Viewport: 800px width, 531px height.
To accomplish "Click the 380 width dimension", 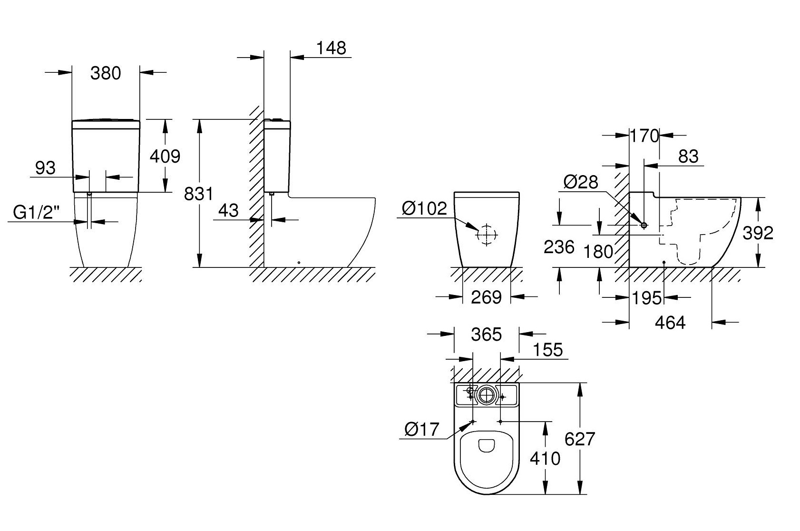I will click(x=106, y=73).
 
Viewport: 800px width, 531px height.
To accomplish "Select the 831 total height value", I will click(x=198, y=194).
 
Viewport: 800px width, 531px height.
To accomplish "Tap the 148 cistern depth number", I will click(x=332, y=48).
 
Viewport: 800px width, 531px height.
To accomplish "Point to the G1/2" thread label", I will click(x=37, y=213).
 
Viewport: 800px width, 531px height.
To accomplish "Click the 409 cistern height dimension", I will click(x=165, y=156).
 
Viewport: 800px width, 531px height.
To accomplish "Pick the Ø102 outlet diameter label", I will click(x=424, y=208).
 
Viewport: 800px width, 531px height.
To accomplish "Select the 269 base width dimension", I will click(x=486, y=297).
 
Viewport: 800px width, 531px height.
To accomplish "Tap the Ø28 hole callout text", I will click(x=580, y=182).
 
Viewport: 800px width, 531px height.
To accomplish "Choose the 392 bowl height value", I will click(x=758, y=233).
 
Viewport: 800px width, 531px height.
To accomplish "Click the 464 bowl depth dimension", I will click(x=670, y=323).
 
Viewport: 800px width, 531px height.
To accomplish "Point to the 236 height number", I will click(x=559, y=246).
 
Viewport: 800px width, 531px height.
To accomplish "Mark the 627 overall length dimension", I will click(x=580, y=439).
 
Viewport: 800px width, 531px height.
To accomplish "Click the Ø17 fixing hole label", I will click(x=421, y=430).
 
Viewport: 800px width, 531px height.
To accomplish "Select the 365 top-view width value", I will click(x=487, y=334).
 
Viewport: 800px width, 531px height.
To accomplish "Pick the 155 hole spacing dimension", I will click(x=547, y=350).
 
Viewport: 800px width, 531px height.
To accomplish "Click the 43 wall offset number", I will click(x=228, y=210).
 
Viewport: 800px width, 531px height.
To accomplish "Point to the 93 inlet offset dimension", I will click(x=46, y=167).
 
